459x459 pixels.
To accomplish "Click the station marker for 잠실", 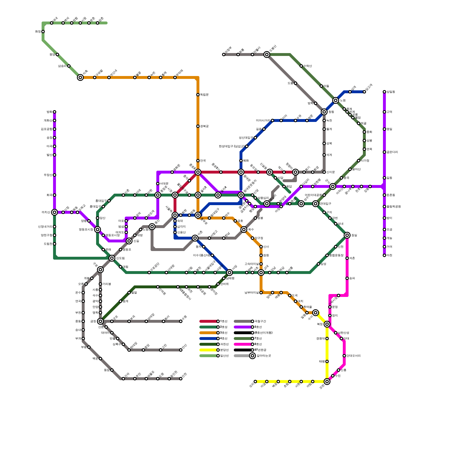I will (347, 235).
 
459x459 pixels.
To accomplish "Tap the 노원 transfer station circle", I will (336, 100).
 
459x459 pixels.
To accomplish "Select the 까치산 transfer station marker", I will (55, 212).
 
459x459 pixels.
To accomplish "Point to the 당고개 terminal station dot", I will (364, 92).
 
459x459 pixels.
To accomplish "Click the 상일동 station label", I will (391, 92).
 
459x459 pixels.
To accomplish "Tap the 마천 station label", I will (389, 255).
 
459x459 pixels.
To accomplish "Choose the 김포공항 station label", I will (46, 129).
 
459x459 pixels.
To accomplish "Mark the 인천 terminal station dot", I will (181, 379).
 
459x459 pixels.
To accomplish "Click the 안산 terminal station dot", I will (181, 350).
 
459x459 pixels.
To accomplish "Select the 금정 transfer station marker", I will (100, 321).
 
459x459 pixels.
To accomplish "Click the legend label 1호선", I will (224, 321).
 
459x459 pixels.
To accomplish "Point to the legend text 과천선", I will (224, 344).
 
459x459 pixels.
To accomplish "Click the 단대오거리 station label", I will (353, 356).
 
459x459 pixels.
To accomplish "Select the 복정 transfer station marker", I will (327, 324).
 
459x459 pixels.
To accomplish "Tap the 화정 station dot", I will (43, 32).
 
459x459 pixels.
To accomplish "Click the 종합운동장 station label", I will (336, 255).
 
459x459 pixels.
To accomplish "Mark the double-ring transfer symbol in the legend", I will (252, 356).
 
